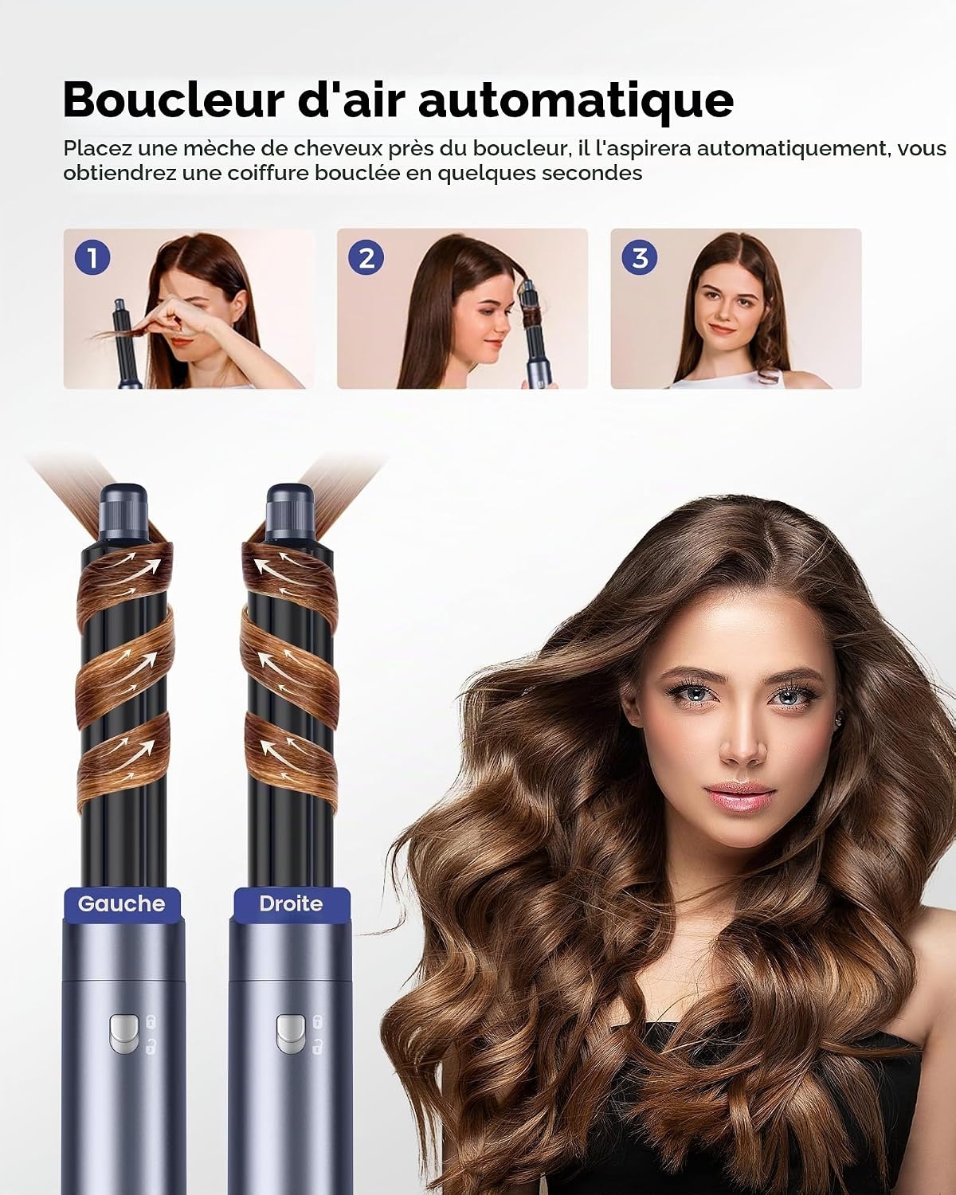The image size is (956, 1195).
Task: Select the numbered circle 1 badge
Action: pyautogui.click(x=92, y=257)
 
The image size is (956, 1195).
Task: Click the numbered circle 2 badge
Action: pyautogui.click(x=366, y=257)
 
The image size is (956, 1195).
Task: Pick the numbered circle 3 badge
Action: pyautogui.click(x=640, y=257)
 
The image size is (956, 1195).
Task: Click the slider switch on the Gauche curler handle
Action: pyautogui.click(x=123, y=1034)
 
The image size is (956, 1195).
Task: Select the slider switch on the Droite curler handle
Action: pyautogui.click(x=291, y=1034)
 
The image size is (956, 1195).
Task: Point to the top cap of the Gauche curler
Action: pyautogui.click(x=123, y=512)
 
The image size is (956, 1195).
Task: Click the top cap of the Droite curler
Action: pyautogui.click(x=291, y=512)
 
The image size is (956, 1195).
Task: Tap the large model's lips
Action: pyautogui.click(x=739, y=795)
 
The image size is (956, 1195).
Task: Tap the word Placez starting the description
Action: pyautogui.click(x=97, y=149)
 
